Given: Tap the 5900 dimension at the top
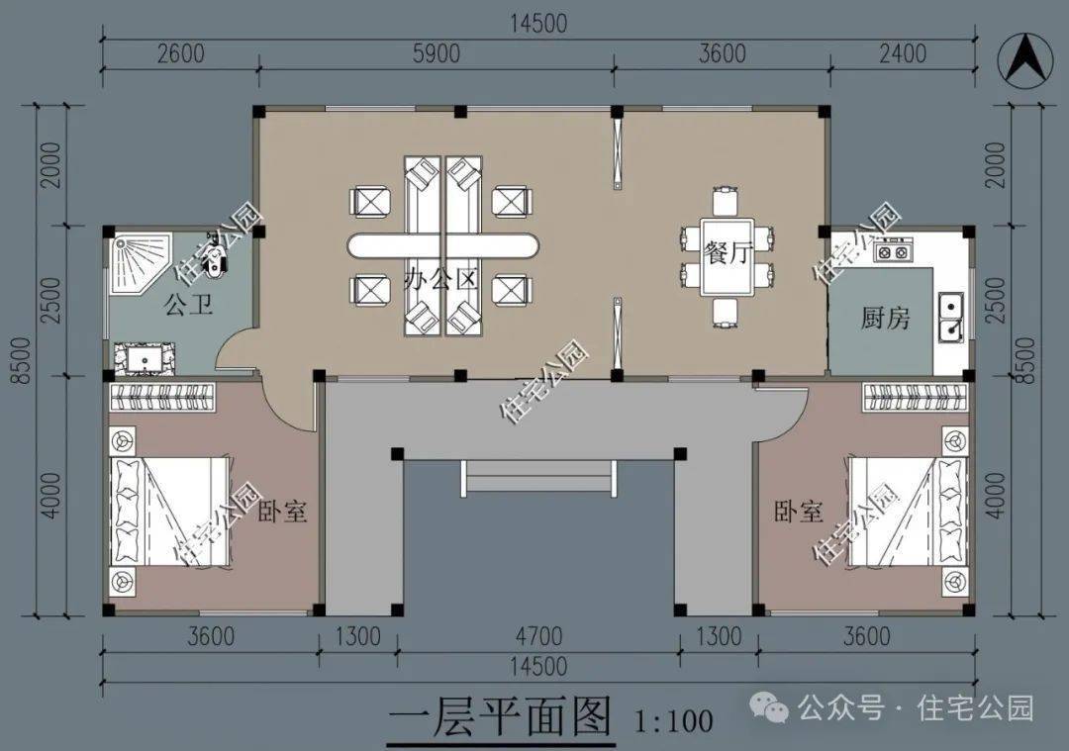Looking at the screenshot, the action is (x=437, y=53).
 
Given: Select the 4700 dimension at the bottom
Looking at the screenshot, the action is (x=538, y=636).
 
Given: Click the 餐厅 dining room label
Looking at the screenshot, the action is (x=728, y=253).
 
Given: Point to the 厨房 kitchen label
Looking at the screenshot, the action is (x=885, y=318).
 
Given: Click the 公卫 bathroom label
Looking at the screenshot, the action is (x=189, y=304).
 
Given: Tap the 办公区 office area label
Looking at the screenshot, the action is (x=439, y=279).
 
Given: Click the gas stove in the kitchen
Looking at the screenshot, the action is (x=893, y=251).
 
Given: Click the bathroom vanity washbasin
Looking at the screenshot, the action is (x=146, y=359).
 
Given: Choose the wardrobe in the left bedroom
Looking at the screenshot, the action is (x=162, y=398).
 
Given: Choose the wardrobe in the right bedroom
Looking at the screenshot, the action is (x=916, y=398).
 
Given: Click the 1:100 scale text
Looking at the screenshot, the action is (x=674, y=720).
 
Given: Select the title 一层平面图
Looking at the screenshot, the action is (x=499, y=717).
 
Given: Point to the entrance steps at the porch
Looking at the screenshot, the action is (x=538, y=476).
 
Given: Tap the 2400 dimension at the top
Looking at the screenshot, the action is (x=902, y=53).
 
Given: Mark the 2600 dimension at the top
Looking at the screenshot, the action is (x=181, y=53).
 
